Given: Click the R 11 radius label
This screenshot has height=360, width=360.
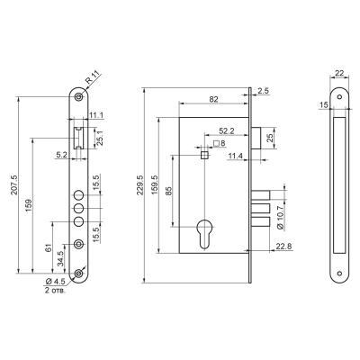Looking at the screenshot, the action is [92, 77].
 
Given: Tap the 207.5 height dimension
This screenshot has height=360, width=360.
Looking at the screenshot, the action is [14, 184].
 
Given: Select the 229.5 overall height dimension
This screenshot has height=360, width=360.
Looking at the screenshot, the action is [140, 184].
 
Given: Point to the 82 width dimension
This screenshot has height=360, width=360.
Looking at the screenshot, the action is [213, 100].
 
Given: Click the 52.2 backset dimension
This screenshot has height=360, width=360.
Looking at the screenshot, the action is [226, 130].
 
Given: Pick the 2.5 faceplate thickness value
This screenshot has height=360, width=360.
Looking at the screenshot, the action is [263, 91].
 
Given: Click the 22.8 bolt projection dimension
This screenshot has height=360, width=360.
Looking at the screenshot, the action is [284, 247].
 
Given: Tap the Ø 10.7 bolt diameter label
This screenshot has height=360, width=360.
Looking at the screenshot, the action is [281, 218].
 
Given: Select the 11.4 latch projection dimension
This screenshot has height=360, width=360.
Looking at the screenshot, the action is [236, 156].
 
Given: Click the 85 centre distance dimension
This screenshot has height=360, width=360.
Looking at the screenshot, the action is [168, 191].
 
